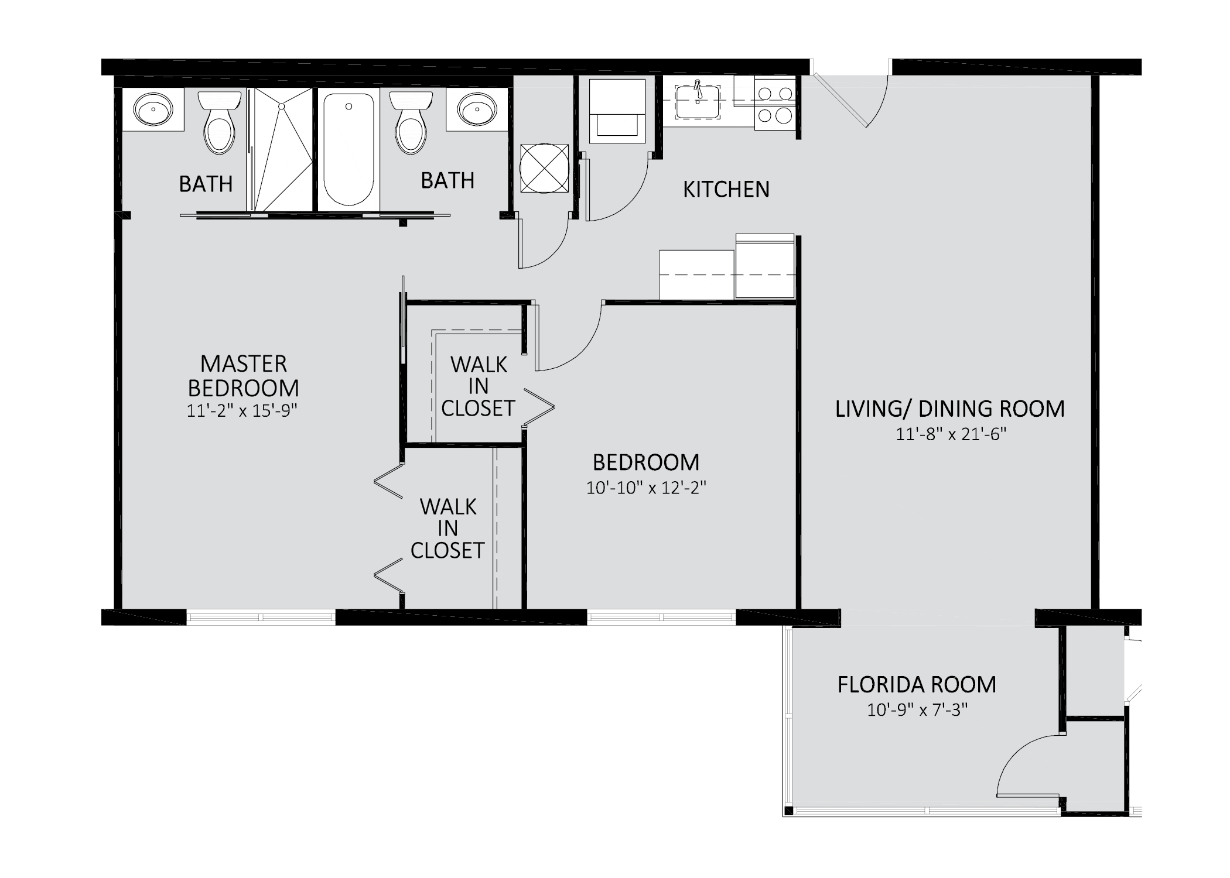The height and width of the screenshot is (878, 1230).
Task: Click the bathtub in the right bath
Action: point(348,149)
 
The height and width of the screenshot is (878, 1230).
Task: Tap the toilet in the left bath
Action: point(220,126)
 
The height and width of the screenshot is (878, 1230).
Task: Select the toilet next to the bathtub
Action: point(411,126)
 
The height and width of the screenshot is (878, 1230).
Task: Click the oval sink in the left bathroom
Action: point(153,109)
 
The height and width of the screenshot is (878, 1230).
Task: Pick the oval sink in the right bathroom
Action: point(477,109)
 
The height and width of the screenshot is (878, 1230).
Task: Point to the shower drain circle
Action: point(282,107)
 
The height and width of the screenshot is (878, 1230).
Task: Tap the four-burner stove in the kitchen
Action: point(774,104)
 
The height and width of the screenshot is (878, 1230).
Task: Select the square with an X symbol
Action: point(544,167)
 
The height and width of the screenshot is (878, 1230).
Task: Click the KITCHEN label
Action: point(726,190)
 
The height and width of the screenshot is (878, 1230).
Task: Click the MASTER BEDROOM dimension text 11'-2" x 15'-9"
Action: point(242,411)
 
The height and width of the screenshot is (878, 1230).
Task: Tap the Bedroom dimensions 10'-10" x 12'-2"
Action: point(646,488)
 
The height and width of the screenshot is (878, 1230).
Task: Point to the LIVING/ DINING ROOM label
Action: point(949,409)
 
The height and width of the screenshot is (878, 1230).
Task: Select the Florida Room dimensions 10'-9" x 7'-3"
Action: point(917,710)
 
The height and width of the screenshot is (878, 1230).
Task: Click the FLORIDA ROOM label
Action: point(917,684)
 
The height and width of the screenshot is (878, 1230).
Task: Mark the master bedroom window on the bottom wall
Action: point(261,617)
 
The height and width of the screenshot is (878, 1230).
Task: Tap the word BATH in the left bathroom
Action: point(206,184)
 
